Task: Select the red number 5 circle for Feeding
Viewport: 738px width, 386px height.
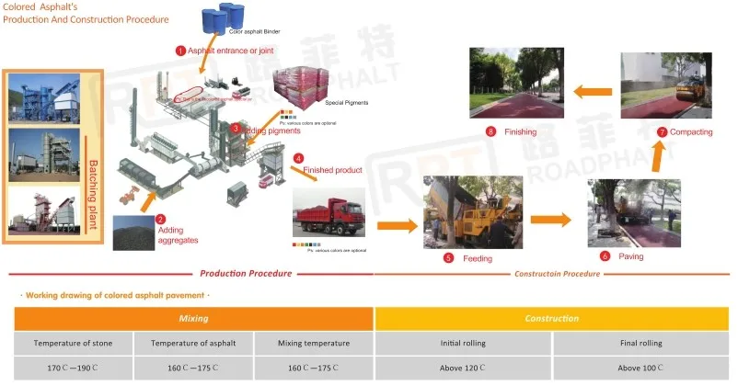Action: [448, 258]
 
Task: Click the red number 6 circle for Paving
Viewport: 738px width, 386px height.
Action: [605, 255]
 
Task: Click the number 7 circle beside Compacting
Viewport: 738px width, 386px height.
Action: [663, 132]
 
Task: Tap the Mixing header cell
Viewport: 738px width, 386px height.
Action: [193, 318]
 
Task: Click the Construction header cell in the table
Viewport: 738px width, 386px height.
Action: [552, 318]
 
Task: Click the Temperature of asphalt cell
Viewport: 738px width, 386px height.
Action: [192, 343]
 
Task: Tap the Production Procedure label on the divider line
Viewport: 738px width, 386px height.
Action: [246, 273]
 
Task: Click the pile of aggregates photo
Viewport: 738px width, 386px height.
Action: [133, 233]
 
